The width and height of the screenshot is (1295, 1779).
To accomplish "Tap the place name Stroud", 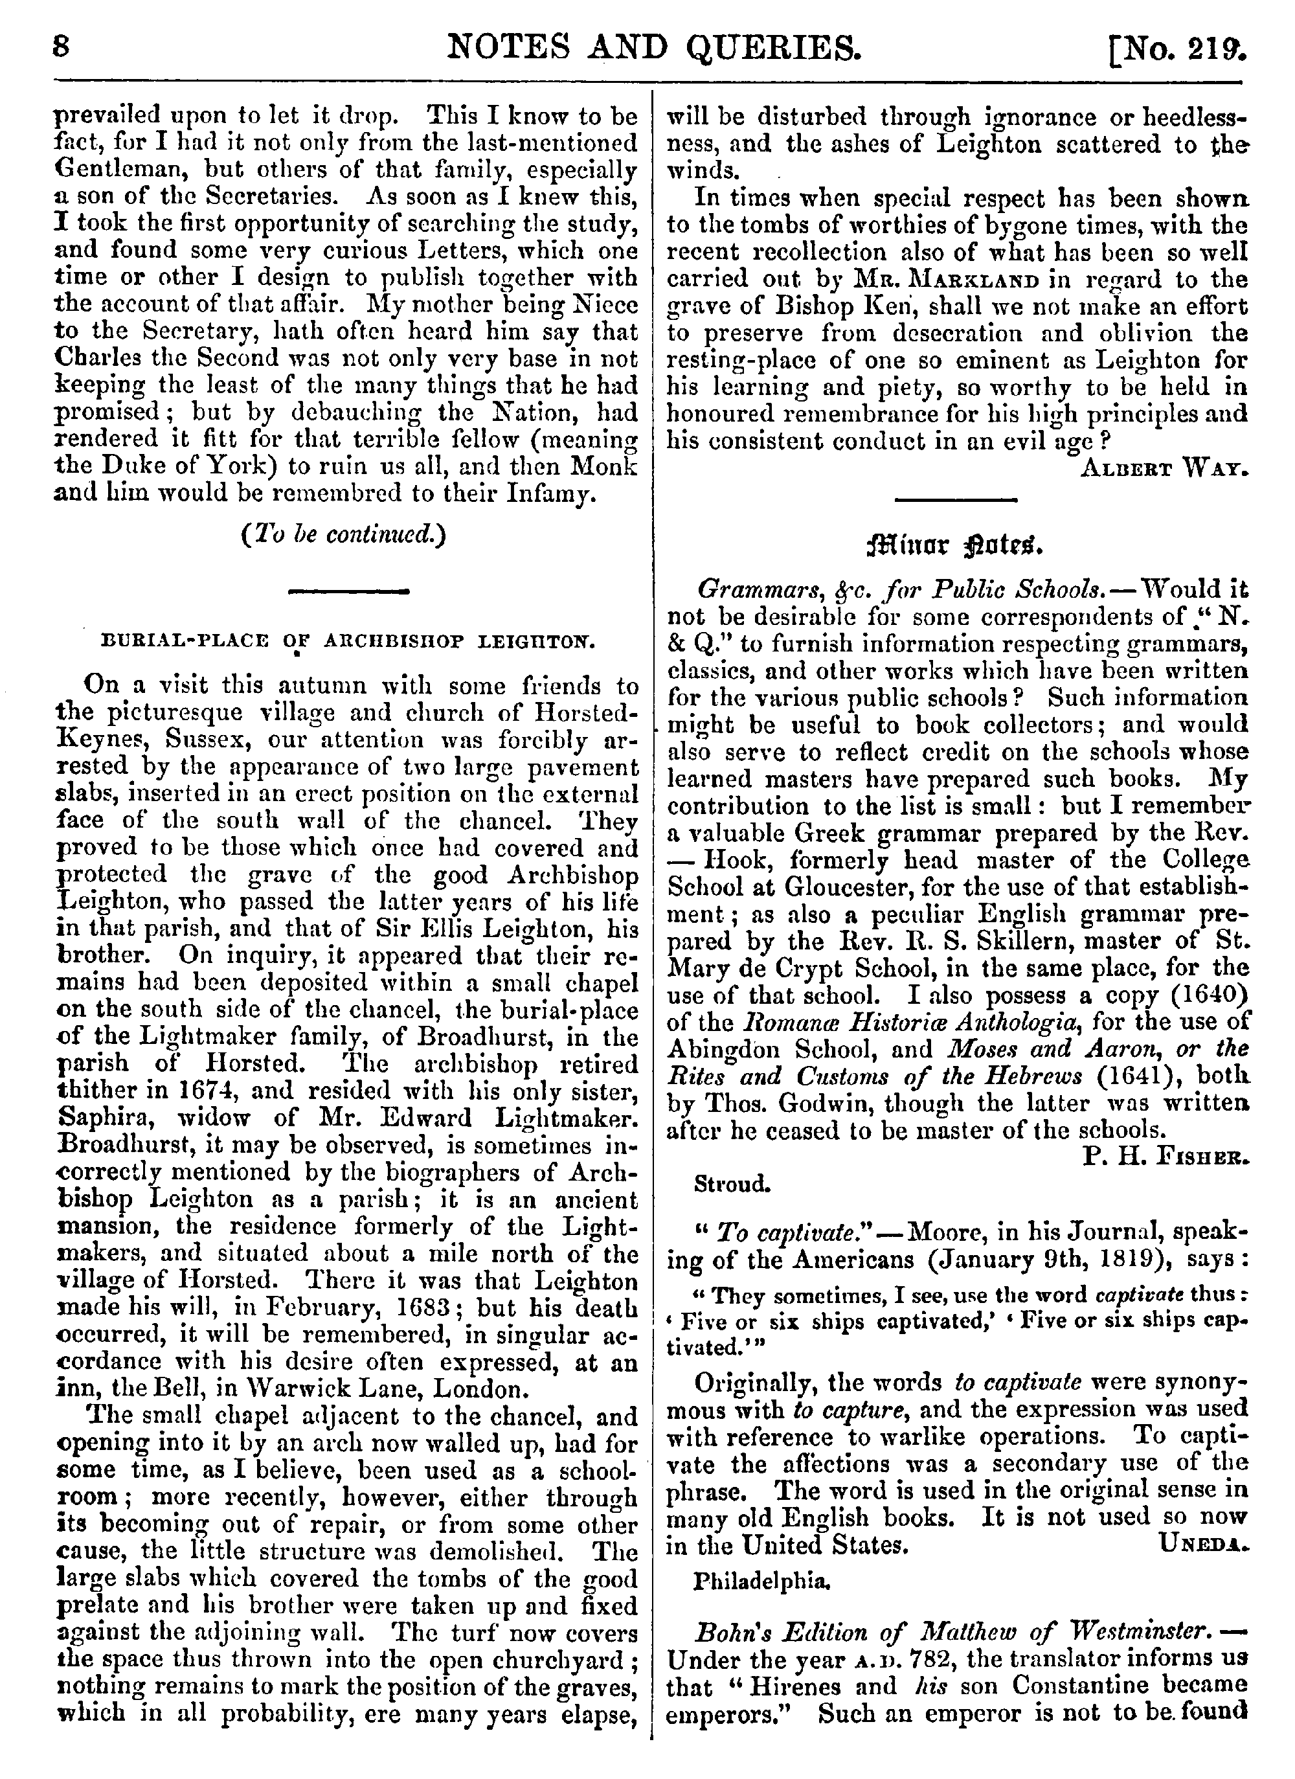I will click(x=732, y=1184).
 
